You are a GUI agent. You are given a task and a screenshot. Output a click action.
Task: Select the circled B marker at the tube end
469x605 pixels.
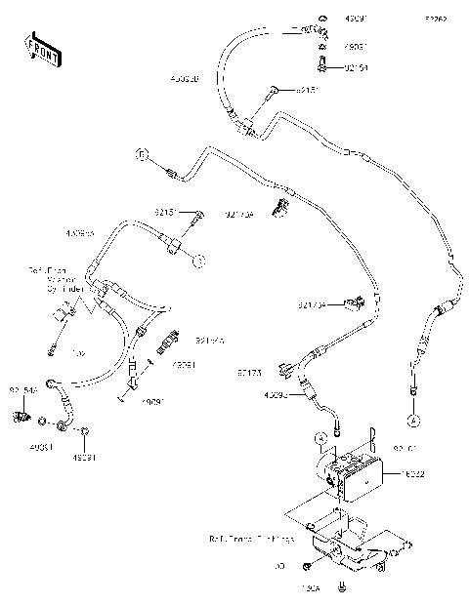142,156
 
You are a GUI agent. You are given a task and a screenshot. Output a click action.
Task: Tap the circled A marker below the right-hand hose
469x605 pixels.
413,421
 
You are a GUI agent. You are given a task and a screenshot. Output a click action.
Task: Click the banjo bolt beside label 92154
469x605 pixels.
321,66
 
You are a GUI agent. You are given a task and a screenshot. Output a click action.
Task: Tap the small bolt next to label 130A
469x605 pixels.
341,587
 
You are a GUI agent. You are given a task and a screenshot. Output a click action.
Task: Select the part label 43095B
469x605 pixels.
184,79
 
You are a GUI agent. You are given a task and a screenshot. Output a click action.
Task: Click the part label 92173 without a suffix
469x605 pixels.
249,372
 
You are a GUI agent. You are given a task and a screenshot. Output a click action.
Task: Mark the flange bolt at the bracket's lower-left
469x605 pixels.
307,566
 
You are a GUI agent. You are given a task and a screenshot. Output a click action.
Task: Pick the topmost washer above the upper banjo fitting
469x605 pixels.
321,18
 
